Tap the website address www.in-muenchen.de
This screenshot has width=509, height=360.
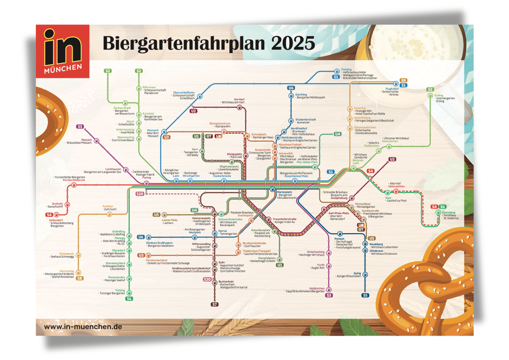tap(83, 327)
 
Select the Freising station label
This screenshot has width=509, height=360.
tap(346, 69)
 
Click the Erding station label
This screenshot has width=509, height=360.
tap(438, 95)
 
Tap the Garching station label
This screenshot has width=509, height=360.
tap(301, 94)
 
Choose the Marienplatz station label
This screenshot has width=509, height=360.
tap(284, 191)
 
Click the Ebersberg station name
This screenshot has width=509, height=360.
tap(448, 212)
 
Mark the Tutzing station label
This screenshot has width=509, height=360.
tap(120, 290)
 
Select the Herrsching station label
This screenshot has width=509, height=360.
tap(67, 271)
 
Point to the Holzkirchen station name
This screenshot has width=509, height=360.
tap(317, 288)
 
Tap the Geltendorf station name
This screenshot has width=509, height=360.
tap(55, 219)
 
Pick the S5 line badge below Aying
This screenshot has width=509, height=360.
tap(365, 295)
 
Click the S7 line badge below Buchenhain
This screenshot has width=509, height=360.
tap(215, 304)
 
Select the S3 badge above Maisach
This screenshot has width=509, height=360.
tap(80, 127)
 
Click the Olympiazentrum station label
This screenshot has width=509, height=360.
tap(220, 123)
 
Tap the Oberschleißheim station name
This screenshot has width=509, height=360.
tap(184, 92)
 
